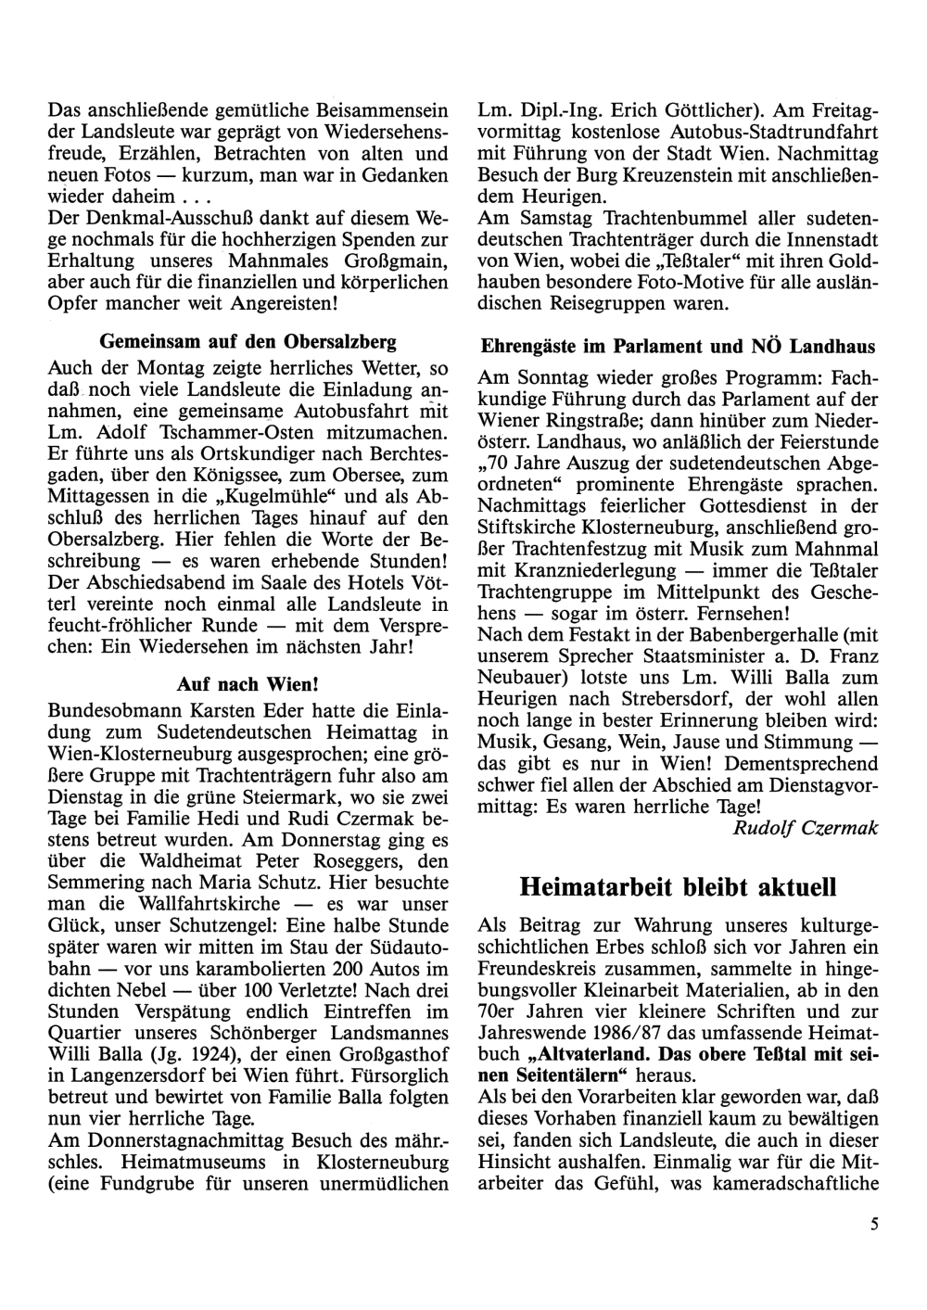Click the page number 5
tap(873, 1224)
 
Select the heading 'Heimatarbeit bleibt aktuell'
tap(678, 887)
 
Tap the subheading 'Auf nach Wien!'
tap(248, 685)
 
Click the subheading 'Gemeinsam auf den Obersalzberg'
tap(248, 338)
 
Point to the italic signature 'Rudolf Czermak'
tap(805, 828)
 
